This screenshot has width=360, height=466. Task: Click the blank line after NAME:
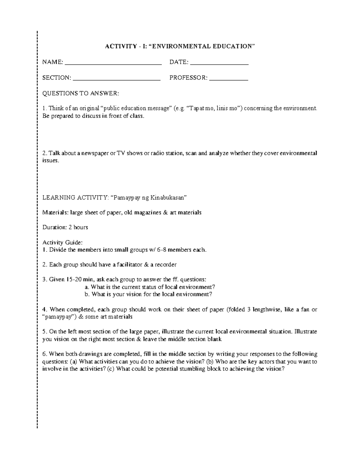[x=113, y=63]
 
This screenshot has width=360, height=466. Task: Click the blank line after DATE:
[x=219, y=63]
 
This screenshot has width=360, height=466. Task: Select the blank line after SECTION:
[x=117, y=79]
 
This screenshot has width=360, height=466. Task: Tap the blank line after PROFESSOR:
[x=229, y=79]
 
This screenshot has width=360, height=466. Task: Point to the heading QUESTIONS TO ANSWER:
[x=81, y=93]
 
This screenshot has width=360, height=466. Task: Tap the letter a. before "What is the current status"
[x=87, y=287]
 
